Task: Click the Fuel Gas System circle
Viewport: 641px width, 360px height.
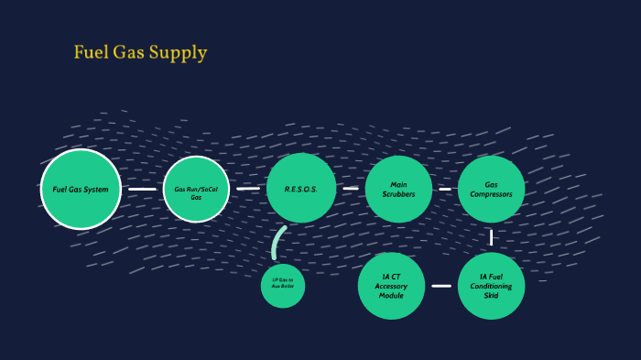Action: point(81,190)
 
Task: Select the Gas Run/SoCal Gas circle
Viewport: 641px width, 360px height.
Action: point(196,190)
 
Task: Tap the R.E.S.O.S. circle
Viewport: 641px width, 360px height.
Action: point(300,189)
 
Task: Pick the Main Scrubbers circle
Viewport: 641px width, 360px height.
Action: point(398,189)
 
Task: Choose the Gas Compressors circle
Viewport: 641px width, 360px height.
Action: point(491,189)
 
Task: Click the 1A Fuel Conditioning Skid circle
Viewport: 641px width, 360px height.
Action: point(491,286)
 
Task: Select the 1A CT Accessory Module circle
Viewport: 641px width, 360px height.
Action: point(392,286)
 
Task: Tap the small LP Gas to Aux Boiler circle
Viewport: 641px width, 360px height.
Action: point(282,286)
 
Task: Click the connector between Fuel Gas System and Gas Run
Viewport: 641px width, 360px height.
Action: point(142,190)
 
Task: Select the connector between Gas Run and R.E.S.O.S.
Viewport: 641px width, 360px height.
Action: point(247,189)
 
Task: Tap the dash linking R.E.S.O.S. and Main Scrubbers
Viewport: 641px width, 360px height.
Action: point(351,189)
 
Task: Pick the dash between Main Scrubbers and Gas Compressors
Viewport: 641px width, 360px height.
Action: point(445,189)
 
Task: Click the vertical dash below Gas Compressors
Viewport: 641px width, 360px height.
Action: point(492,237)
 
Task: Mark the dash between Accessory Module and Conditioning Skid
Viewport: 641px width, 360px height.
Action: point(441,286)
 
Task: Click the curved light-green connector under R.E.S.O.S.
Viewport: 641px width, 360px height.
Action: point(277,242)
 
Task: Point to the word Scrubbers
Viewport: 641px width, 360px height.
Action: point(398,194)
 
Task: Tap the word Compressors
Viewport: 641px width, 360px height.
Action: point(491,194)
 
